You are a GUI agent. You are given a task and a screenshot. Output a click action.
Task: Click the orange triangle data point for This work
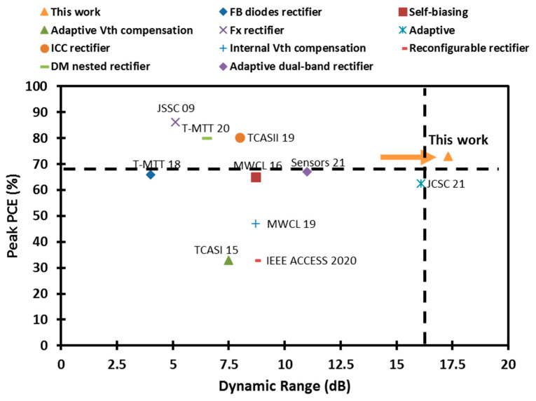(x=448, y=156)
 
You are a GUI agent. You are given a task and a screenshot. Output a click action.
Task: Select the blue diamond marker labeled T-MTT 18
(x=151, y=174)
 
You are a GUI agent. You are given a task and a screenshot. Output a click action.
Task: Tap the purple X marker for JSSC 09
(x=175, y=122)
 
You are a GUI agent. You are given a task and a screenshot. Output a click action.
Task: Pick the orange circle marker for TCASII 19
(x=240, y=138)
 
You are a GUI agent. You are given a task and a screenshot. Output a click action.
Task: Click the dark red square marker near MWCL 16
(x=256, y=177)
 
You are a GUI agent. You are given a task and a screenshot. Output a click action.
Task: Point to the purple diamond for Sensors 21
(x=307, y=172)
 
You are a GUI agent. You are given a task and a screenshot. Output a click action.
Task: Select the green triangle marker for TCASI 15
(x=228, y=260)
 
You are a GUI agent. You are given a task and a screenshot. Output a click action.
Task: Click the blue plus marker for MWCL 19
(x=256, y=224)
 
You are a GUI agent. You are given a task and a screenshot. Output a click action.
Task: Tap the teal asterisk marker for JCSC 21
(x=420, y=184)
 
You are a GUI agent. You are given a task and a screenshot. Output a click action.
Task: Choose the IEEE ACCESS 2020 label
(x=311, y=261)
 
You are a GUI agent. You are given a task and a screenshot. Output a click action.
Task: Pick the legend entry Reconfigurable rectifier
(x=469, y=48)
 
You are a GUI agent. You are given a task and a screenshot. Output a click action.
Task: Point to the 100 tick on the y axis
(x=45, y=87)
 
